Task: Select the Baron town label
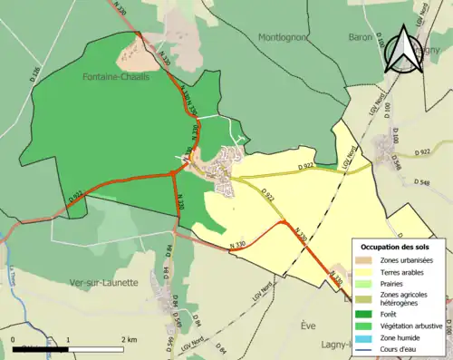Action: click(361, 37)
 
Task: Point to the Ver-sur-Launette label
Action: click(104, 282)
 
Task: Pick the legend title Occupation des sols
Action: click(395, 247)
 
